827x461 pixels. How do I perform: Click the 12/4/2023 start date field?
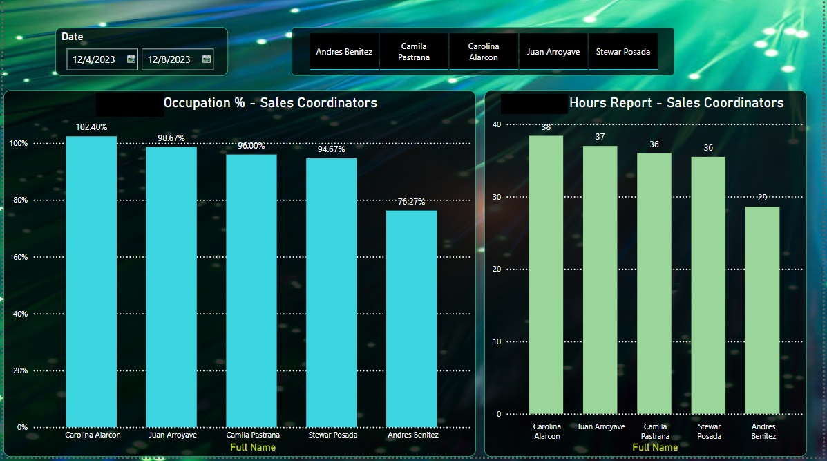coord(95,59)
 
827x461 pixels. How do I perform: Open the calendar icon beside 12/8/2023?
coord(206,59)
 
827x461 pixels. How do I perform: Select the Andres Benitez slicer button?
coord(344,52)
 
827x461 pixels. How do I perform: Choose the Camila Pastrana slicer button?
coord(414,52)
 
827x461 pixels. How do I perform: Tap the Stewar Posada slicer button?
coord(622,52)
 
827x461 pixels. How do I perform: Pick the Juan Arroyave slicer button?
coord(553,52)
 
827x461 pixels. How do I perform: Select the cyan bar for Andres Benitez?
coord(411,319)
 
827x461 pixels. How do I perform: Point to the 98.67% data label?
coord(171,138)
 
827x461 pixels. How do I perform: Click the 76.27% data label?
coord(411,202)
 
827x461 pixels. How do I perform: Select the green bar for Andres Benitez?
coord(762,310)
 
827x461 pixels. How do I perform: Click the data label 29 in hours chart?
coord(762,198)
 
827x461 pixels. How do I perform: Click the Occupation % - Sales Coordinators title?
coord(270,103)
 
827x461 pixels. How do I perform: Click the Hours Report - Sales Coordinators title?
coord(676,103)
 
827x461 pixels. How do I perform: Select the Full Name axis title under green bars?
coord(654,447)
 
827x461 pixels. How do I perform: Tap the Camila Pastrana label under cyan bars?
coord(253,435)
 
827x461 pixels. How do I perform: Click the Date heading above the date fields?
coord(72,37)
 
